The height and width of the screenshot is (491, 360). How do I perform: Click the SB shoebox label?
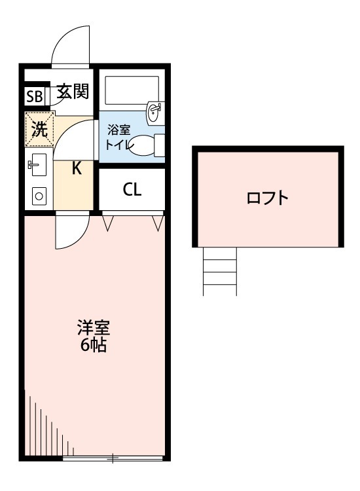(34, 97)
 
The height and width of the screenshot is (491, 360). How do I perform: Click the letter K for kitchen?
(76, 168)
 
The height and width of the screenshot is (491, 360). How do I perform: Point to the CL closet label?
(132, 190)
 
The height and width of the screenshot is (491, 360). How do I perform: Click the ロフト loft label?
(267, 198)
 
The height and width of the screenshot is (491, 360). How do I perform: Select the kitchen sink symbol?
(36, 166)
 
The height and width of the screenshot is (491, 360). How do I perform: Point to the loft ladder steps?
(219, 271)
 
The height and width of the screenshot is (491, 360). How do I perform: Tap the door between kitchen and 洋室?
(71, 230)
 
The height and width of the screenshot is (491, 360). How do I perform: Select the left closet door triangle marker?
(109, 224)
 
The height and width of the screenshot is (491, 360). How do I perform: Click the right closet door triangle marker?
(157, 224)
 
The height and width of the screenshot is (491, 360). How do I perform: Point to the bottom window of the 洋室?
(113, 458)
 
